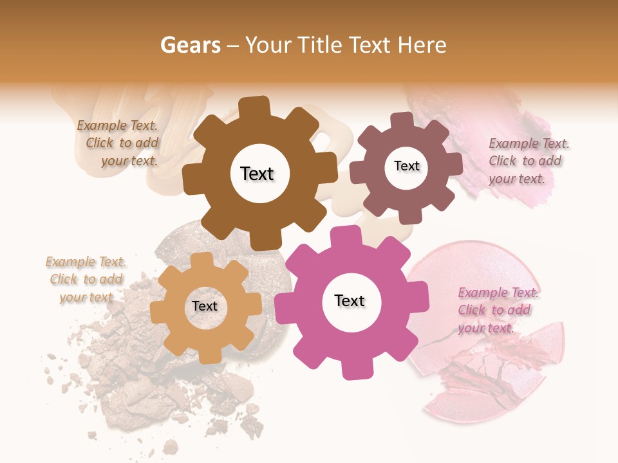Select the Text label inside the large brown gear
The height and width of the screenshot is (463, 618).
pos(257,174)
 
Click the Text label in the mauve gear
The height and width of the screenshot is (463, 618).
pos(406,166)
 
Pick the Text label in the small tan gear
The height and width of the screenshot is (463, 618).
pos(205,306)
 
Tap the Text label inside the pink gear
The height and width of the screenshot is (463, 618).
pos(350,300)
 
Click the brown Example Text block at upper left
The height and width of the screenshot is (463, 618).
pos(118,143)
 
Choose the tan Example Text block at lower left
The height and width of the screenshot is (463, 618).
pos(86,279)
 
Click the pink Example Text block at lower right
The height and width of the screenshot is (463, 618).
pos(498,310)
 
